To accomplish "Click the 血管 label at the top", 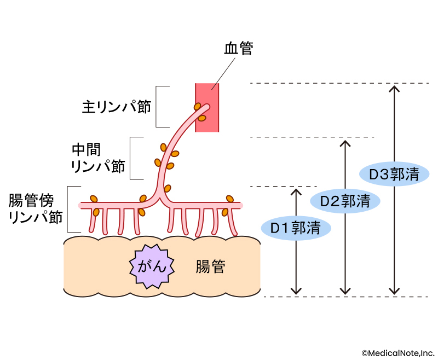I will click(x=238, y=48).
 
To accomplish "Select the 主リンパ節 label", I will click(x=116, y=106).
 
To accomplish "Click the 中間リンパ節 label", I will click(x=99, y=158).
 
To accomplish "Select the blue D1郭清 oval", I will click(x=296, y=228).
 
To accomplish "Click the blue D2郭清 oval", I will click(x=344, y=201).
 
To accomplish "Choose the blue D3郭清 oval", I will click(x=394, y=175).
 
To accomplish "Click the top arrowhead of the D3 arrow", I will click(x=393, y=88).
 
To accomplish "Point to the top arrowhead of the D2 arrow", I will click(x=344, y=143).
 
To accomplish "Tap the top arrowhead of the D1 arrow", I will click(x=296, y=191).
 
